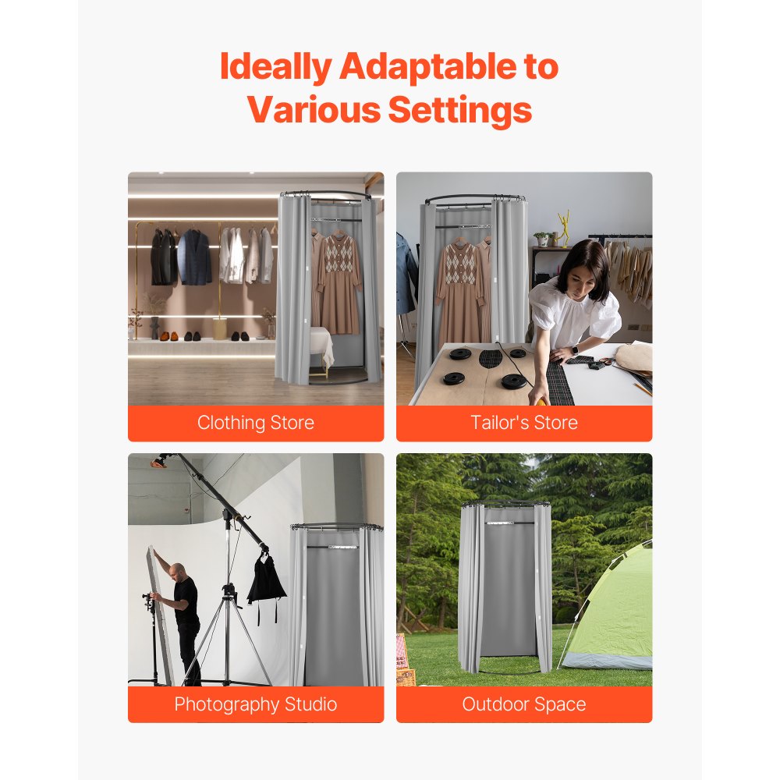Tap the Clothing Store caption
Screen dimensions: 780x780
256,423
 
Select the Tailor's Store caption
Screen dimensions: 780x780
524,423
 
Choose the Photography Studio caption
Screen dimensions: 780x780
256,704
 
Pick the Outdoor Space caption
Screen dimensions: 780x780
524,704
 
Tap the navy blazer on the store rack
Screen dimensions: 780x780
193,257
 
